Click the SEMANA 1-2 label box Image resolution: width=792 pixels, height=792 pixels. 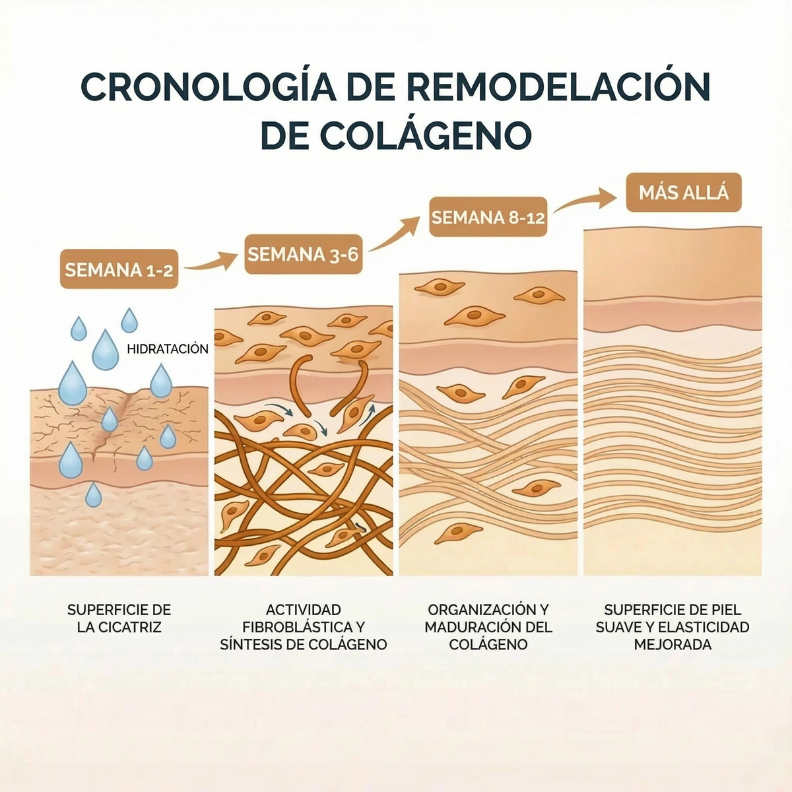119,269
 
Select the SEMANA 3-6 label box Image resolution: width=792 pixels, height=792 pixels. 304,254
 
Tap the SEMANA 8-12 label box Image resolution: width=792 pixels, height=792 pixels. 488,216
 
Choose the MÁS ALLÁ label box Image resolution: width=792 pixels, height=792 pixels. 684,192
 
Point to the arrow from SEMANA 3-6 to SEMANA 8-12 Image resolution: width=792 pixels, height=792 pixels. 394,235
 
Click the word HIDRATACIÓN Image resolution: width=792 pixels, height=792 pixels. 168,349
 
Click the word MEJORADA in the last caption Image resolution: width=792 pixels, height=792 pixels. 673,644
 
